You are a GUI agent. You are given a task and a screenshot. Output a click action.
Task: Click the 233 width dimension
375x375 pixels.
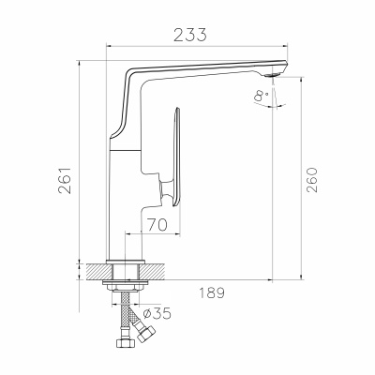190,35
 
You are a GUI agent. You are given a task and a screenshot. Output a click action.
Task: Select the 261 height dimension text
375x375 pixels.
65,181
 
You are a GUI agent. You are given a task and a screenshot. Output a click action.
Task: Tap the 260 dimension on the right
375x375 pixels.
311,180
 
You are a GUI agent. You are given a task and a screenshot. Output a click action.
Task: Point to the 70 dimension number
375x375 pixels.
157,224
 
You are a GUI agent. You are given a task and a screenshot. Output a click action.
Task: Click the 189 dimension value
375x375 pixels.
212,292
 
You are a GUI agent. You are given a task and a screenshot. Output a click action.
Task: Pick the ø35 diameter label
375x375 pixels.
157,313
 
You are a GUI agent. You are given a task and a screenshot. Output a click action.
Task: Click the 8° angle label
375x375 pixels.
262,96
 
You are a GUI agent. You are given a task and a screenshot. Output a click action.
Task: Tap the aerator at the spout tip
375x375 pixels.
273,75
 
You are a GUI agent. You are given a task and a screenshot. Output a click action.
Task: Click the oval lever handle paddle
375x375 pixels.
176,157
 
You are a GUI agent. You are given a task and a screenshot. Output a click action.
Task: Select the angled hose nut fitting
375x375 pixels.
145,333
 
